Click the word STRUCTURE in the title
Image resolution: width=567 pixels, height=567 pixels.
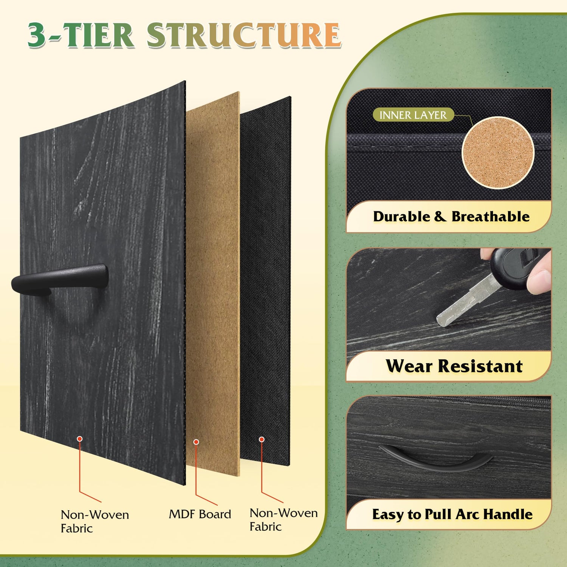click(244, 35)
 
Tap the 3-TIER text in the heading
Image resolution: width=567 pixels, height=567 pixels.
click(81, 35)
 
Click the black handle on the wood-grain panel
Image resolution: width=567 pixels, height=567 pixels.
click(60, 279)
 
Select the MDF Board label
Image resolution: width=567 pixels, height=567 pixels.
click(200, 514)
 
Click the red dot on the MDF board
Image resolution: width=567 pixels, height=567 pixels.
click(196, 442)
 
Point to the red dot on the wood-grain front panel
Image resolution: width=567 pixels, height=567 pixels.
click(80, 438)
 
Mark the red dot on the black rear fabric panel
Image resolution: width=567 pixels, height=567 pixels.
click(262, 439)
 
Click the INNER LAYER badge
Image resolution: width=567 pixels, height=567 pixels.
click(413, 115)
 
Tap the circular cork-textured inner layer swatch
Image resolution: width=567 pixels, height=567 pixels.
click(498, 152)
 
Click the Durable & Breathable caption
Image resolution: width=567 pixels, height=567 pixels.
click(451, 217)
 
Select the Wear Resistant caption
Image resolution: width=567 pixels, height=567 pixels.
click(454, 366)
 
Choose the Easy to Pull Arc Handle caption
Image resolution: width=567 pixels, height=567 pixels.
click(452, 514)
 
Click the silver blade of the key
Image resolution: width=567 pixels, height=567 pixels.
click(467, 301)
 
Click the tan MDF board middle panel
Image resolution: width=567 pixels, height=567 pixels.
click(212, 283)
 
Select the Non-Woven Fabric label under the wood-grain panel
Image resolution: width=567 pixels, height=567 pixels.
click(95, 521)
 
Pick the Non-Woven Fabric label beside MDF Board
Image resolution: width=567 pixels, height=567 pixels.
click(283, 520)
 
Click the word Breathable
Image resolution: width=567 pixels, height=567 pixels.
click(491, 217)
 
